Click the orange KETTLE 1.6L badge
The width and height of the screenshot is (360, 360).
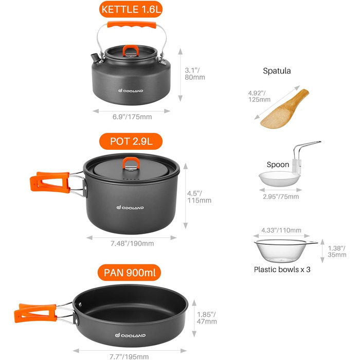(131, 9)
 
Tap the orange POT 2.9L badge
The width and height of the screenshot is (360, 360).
(131, 141)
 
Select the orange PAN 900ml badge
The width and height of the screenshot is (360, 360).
(129, 273)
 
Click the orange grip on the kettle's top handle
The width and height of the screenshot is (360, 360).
(132, 25)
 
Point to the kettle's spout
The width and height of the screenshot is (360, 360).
(95, 58)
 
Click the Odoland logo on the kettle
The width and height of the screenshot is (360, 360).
(131, 91)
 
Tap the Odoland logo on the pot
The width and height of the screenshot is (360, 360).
(130, 208)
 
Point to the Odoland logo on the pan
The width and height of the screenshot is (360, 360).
(130, 335)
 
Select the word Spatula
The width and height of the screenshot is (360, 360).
(277, 71)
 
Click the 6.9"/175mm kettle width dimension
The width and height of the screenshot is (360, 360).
(132, 117)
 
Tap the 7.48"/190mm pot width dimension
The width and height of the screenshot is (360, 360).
(132, 243)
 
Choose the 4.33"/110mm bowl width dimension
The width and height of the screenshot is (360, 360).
(281, 230)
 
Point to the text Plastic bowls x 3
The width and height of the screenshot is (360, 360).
(282, 269)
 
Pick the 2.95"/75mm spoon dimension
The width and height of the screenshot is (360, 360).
(281, 196)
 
